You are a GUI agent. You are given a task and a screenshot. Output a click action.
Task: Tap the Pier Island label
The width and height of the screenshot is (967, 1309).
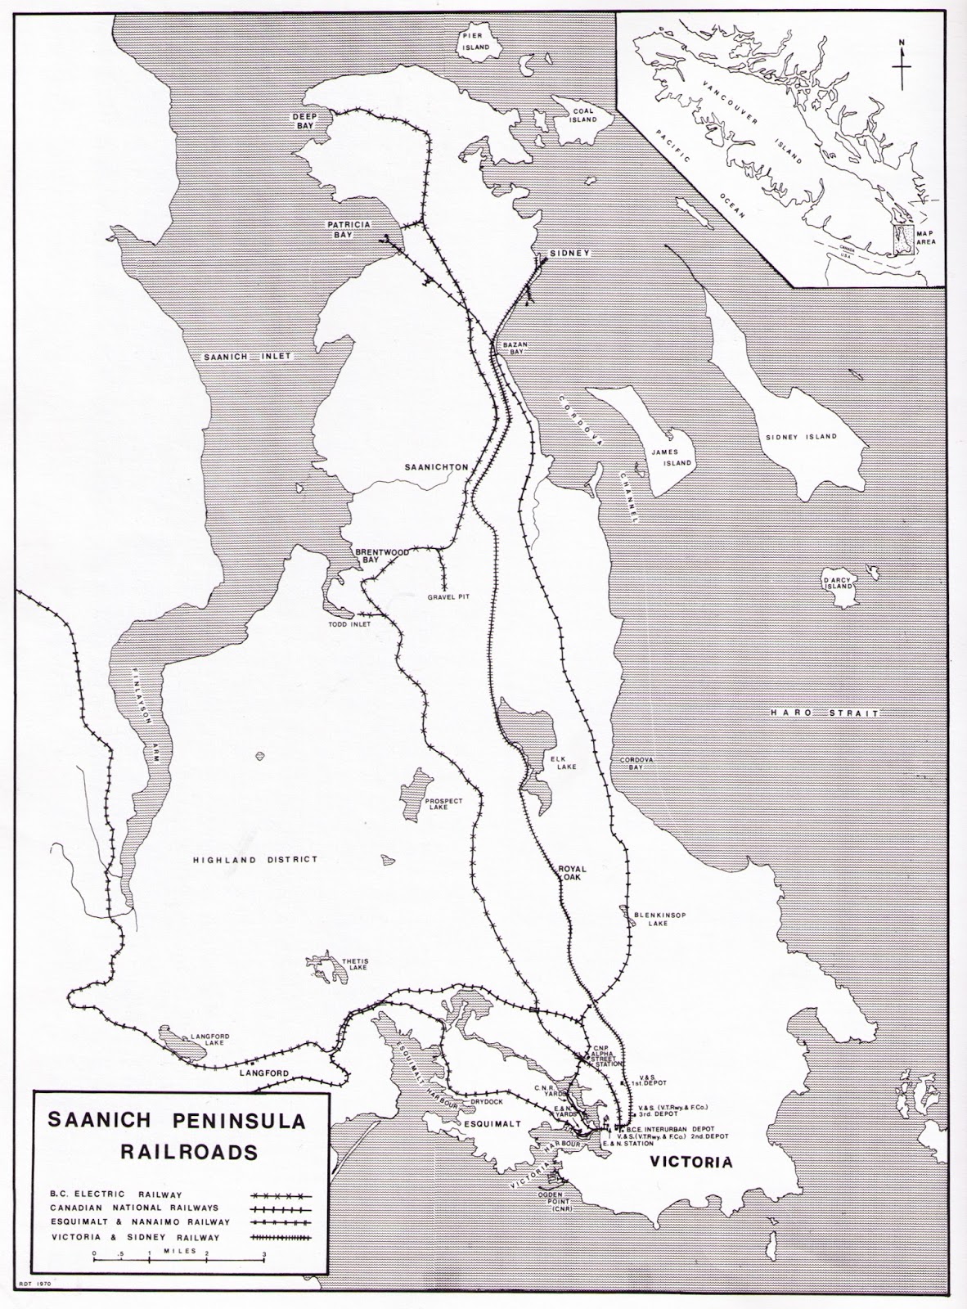pos(475,43)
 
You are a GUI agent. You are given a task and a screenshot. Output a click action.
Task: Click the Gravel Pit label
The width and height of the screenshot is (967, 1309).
pos(446,597)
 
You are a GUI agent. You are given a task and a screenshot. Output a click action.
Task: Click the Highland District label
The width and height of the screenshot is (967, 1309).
pos(254,860)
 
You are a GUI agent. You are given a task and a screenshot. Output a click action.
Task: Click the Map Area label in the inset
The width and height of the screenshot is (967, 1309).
pos(931,236)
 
